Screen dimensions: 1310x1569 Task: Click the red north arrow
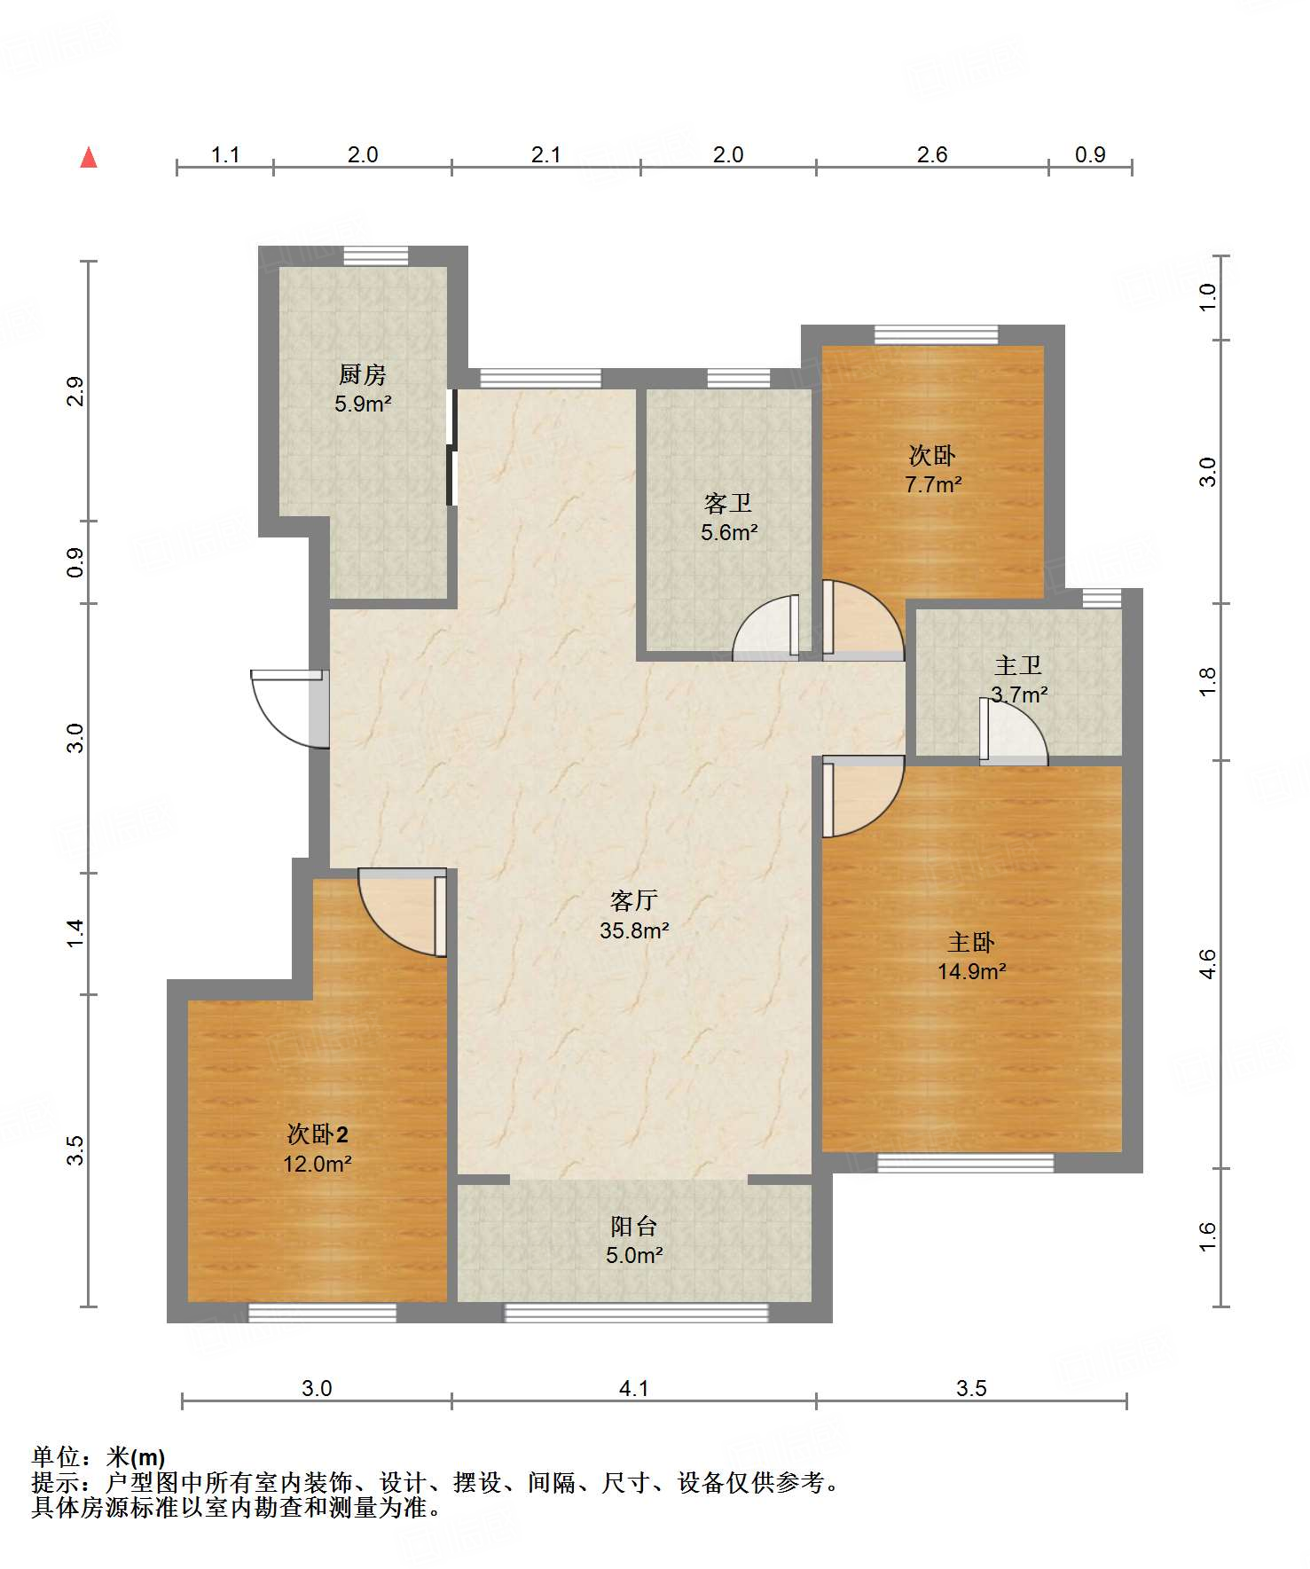click(x=89, y=157)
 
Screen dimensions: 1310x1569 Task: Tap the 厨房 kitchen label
click(x=363, y=375)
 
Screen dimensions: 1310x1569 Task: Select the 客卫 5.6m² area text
click(x=729, y=533)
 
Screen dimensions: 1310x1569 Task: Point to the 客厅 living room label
click(x=634, y=901)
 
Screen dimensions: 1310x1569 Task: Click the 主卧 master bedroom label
click(x=971, y=942)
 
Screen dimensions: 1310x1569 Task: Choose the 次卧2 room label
click(x=318, y=1134)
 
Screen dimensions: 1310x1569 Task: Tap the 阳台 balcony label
click(x=634, y=1227)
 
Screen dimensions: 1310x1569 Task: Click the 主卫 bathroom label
click(x=1018, y=665)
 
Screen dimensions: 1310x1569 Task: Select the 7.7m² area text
click(x=933, y=485)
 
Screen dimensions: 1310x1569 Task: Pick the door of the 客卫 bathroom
click(x=766, y=627)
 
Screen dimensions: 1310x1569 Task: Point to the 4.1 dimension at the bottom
click(x=633, y=1388)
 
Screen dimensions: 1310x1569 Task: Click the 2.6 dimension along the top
click(x=932, y=154)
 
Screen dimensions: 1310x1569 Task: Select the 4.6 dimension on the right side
click(x=1207, y=964)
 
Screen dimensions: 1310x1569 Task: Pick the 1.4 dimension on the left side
click(x=75, y=933)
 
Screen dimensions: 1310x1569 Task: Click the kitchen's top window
click(x=376, y=255)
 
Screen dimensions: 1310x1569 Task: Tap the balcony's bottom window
click(x=636, y=1313)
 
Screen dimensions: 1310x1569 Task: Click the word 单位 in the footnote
click(x=56, y=1457)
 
